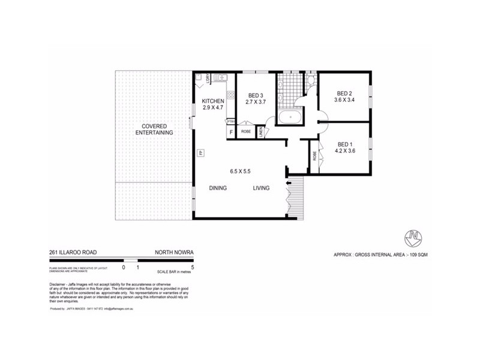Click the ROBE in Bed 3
pos(246,131)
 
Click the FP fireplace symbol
pos(200,153)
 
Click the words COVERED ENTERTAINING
pos(154,128)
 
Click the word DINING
pos(218,188)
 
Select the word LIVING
pos(261,188)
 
